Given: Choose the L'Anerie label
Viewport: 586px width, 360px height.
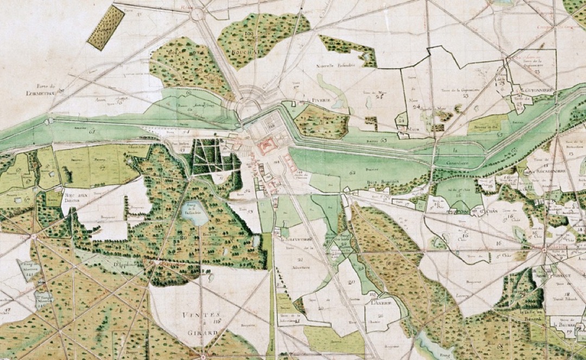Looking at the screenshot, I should point(378,302).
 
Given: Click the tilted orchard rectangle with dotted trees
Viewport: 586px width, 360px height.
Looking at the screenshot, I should point(105,28).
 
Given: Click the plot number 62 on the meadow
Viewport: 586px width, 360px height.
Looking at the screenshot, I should point(352,172).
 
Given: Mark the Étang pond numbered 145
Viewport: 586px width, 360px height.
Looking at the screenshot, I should point(42,297).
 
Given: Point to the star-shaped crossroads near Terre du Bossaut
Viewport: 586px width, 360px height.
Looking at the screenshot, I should point(544,250).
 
